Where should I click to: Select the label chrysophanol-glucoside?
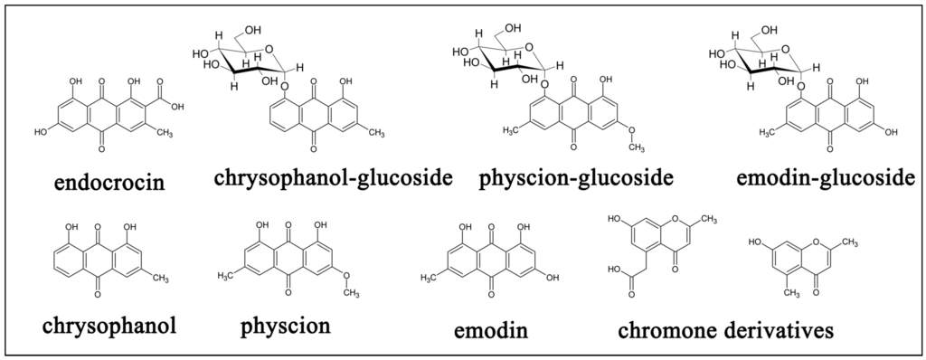click(333, 177)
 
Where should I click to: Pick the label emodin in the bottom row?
click(491, 331)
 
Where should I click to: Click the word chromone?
click(675, 331)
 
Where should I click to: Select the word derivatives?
click(784, 331)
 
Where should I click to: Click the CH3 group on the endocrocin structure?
click(165, 133)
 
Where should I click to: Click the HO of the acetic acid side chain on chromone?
click(615, 270)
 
